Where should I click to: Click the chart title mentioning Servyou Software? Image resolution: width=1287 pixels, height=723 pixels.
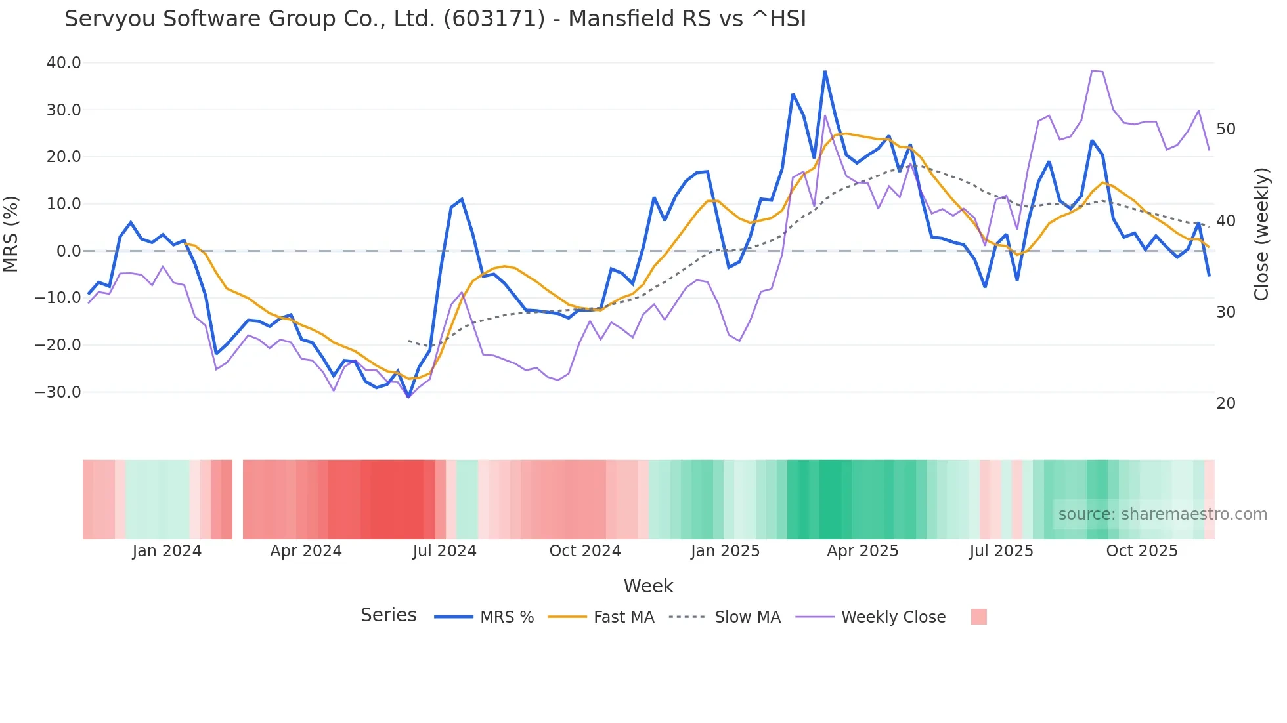pyautogui.click(x=435, y=19)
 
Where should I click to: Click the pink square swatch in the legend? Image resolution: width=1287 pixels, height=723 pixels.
pyautogui.click(x=978, y=617)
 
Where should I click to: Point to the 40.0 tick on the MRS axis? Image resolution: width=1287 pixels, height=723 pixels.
pyautogui.click(x=64, y=63)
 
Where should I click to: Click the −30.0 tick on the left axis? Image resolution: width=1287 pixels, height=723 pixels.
pyautogui.click(x=58, y=392)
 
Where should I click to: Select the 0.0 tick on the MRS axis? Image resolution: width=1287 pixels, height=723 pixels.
pyautogui.click(x=69, y=251)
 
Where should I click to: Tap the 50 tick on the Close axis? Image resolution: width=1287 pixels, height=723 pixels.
pyautogui.click(x=1226, y=129)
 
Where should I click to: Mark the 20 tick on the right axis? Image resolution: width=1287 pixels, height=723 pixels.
pyautogui.click(x=1226, y=403)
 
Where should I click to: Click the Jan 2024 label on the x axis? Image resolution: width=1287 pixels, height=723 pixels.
pyautogui.click(x=167, y=551)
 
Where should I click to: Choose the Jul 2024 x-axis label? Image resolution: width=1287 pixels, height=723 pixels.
pyautogui.click(x=445, y=551)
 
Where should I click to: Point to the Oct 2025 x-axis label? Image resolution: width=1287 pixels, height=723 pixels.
pyautogui.click(x=1142, y=551)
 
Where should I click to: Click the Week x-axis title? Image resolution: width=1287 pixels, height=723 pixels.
pyautogui.click(x=648, y=586)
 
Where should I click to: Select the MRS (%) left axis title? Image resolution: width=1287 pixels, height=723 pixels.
pyautogui.click(x=11, y=234)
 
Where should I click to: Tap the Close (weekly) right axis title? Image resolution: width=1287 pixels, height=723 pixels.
pyautogui.click(x=1261, y=234)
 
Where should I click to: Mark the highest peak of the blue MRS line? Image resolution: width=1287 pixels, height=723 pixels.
pyautogui.click(x=825, y=72)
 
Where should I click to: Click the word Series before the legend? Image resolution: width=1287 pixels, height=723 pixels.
pyautogui.click(x=388, y=615)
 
